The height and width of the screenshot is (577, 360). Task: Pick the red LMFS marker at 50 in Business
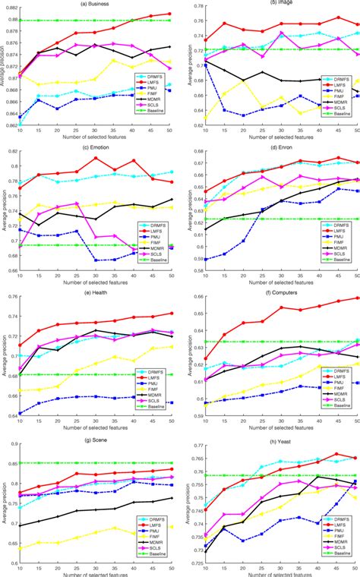click(x=169, y=14)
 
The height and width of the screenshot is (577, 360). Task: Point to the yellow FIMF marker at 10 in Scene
click(x=20, y=547)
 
